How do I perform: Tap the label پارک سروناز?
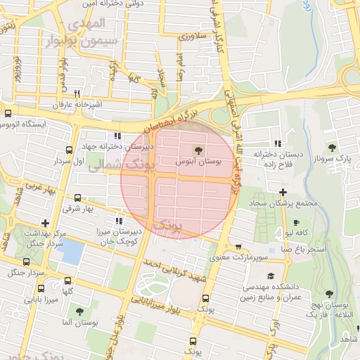tap(333, 159)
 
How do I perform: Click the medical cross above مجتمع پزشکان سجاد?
tap(283, 191)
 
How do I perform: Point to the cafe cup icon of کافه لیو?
tap(296, 222)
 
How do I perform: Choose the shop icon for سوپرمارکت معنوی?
tap(240, 247)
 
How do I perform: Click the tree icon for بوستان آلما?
tap(78, 309)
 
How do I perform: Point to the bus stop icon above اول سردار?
tap(69, 150)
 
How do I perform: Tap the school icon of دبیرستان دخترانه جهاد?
tap(116, 136)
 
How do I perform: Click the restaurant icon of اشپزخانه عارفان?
tap(77, 93)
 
